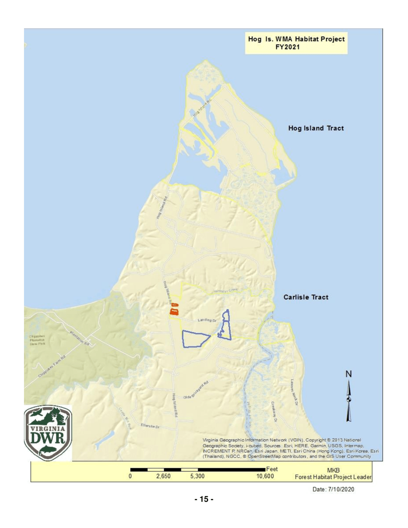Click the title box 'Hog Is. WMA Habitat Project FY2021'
[x=296, y=43]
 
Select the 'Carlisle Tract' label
[x=305, y=297]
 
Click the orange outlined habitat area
[x=174, y=310]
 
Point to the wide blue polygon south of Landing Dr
[x=195, y=339]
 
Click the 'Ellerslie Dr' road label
[x=150, y=427]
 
